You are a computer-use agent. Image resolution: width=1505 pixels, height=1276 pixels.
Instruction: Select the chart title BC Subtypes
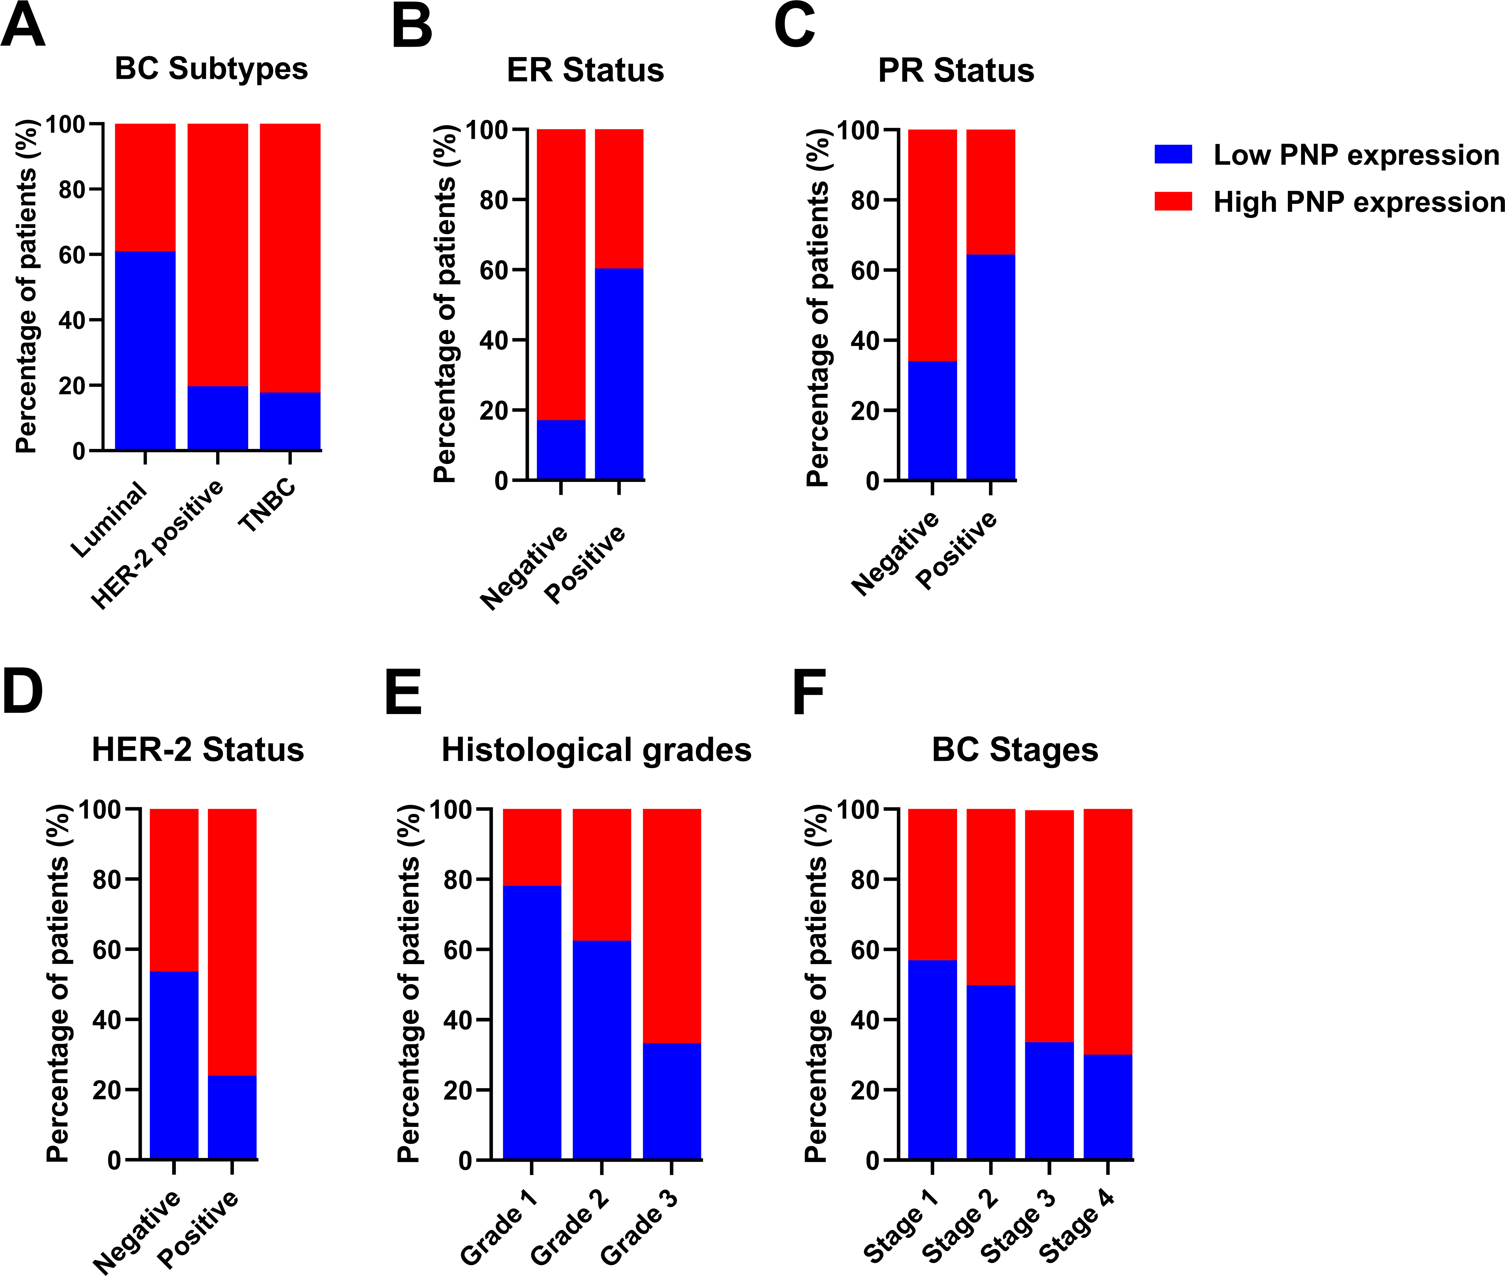click(211, 69)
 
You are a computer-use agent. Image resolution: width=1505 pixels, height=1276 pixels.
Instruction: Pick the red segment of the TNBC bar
click(290, 257)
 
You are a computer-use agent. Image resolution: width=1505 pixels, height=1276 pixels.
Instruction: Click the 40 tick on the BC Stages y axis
click(864, 1019)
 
